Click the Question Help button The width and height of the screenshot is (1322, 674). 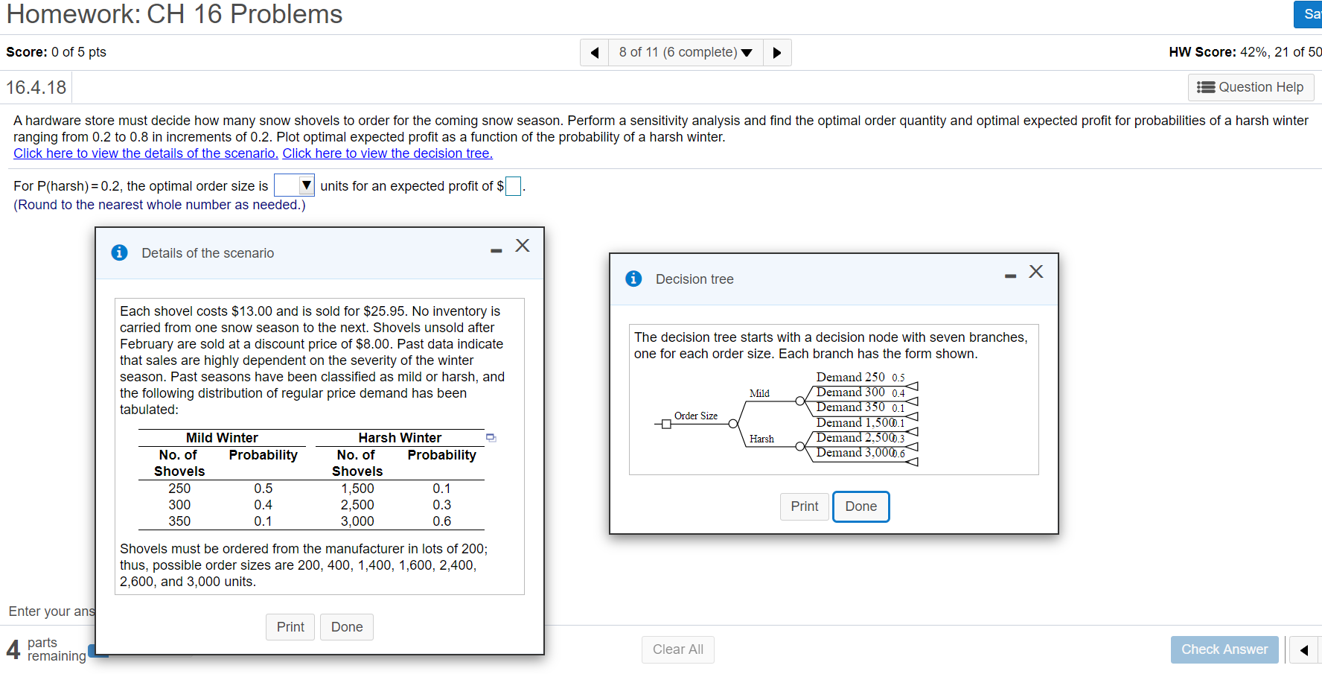point(1251,87)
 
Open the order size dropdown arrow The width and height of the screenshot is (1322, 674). point(306,185)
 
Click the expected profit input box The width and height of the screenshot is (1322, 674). point(513,186)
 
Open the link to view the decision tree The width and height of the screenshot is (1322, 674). point(387,153)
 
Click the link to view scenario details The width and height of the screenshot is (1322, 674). point(146,153)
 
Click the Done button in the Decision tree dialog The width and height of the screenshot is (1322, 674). point(860,506)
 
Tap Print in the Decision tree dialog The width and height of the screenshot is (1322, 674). point(804,506)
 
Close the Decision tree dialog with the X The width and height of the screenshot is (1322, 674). point(1035,272)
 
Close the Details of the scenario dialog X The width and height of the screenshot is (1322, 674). point(523,246)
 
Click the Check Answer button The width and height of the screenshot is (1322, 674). point(1224,649)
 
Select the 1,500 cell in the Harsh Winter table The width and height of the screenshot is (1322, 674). point(357,489)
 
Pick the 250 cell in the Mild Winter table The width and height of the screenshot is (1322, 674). point(179,489)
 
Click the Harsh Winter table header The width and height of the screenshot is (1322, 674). point(400,438)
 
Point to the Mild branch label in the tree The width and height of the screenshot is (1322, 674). point(759,393)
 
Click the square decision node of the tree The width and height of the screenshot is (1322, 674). point(666,425)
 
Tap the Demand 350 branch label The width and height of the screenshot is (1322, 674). point(850,407)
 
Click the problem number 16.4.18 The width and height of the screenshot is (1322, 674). point(36,88)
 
